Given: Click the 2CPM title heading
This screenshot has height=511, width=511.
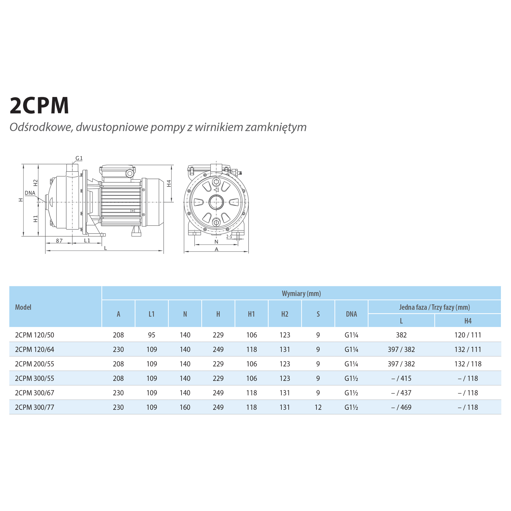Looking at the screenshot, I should click(39, 105).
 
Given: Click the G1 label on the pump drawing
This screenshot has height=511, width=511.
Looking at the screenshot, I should click(79, 158).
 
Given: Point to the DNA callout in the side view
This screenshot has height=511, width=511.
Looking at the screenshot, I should click(30, 193).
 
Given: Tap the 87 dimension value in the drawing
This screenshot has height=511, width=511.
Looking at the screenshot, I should click(59, 241).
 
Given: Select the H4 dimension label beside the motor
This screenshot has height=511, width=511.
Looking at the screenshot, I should click(169, 183).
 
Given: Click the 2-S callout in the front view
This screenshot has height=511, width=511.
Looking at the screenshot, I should click(229, 237).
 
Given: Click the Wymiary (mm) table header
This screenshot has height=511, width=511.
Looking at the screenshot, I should click(301, 293).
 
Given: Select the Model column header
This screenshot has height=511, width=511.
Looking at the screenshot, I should click(23, 307).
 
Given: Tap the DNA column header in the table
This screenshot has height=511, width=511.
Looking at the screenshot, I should click(351, 314).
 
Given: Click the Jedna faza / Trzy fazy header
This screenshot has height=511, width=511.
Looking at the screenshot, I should click(435, 307).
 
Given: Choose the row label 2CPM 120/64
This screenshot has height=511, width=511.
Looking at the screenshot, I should click(35, 349).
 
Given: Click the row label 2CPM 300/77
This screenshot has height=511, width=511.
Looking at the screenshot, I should click(35, 407).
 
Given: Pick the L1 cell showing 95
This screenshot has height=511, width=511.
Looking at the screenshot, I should click(151, 335).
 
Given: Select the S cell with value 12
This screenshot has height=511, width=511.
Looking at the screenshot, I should click(318, 407).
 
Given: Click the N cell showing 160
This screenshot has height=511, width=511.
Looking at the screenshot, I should click(185, 407).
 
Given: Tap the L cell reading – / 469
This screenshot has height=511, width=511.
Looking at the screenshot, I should click(401, 407).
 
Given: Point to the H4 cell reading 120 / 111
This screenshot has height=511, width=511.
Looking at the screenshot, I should click(468, 335).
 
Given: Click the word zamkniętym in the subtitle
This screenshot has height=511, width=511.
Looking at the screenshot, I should click(276, 127).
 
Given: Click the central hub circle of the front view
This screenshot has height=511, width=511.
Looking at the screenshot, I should click(216, 202).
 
